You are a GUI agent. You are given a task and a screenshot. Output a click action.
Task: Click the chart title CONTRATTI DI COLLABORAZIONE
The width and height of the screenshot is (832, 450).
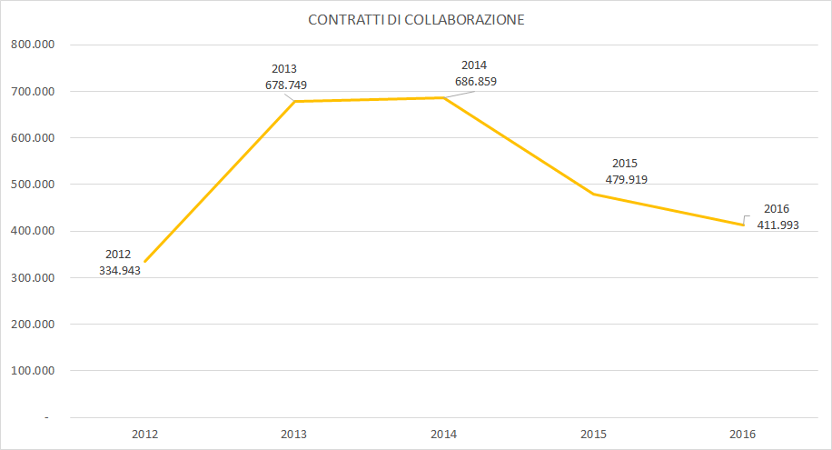tap(416, 20)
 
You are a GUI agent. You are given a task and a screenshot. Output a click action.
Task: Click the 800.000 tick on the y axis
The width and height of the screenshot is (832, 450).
tap(31, 45)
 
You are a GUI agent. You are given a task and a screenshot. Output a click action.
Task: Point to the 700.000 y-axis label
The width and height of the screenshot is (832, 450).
tap(31, 91)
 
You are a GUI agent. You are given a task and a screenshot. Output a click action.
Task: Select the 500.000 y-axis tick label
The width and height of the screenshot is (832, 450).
tap(31, 185)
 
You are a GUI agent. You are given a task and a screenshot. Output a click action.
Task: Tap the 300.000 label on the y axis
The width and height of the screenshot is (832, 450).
tap(31, 277)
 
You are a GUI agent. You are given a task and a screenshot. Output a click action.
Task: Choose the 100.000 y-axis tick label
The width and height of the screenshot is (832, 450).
tap(31, 371)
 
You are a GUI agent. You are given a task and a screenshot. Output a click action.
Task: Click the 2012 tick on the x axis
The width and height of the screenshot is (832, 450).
tap(144, 435)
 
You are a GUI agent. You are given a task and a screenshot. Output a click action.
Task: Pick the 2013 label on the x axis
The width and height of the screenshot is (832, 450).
tap(294, 435)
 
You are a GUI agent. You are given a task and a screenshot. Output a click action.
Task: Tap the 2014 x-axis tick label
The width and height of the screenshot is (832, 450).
tap(443, 435)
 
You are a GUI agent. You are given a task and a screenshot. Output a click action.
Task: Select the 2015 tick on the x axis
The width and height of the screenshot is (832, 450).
tap(593, 435)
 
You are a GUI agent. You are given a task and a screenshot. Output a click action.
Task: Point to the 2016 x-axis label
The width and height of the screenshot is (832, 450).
tap(743, 435)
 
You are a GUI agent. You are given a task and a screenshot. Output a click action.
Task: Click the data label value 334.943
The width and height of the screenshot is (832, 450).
tap(119, 271)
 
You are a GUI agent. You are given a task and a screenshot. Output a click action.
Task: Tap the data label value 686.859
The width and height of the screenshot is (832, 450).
tap(475, 81)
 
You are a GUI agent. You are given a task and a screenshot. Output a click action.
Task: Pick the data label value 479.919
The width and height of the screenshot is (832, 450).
tap(626, 179)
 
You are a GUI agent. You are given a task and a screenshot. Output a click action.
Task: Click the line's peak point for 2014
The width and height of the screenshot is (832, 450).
tap(443, 97)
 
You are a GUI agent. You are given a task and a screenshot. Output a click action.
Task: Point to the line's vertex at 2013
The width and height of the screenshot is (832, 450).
tap(294, 101)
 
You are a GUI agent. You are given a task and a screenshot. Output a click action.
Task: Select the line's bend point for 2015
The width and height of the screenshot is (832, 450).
tap(593, 194)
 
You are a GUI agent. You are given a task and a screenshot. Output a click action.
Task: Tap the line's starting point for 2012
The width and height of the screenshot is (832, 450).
tap(144, 261)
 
